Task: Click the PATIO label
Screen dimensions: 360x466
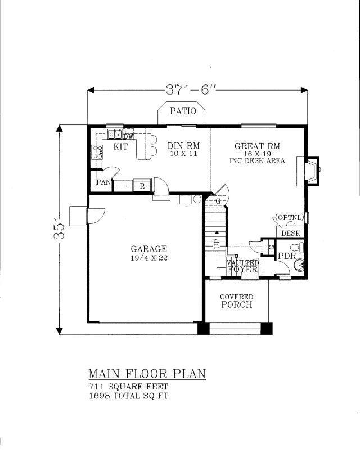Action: (x=183, y=111)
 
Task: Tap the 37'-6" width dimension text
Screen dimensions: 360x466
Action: (x=190, y=89)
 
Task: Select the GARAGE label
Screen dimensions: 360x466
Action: (x=149, y=249)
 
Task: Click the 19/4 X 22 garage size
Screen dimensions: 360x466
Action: (x=149, y=258)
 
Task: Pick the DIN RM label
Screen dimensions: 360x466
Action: (x=183, y=146)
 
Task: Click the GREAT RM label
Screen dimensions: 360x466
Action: (x=257, y=146)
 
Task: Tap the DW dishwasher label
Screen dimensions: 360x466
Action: (x=129, y=137)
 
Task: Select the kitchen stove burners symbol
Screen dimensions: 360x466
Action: (x=98, y=152)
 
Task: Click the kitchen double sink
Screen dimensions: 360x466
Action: (x=115, y=134)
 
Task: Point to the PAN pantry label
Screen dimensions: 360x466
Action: (x=103, y=182)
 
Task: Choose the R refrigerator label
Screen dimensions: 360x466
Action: (x=142, y=186)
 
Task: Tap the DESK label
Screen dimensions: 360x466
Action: (x=291, y=234)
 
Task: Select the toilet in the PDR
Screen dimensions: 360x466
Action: (x=297, y=247)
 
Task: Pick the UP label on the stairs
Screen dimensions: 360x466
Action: (x=217, y=244)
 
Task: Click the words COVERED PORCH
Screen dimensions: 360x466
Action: (x=237, y=301)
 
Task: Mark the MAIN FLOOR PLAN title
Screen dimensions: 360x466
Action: (x=147, y=374)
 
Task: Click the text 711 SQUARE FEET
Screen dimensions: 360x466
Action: (x=128, y=387)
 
